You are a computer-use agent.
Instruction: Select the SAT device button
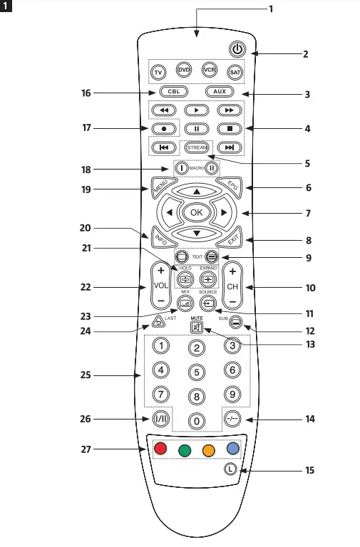[x=235, y=73]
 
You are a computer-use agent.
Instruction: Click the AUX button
[x=220, y=92]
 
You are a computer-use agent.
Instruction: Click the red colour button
[x=160, y=449]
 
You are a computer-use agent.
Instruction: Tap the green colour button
[x=185, y=452]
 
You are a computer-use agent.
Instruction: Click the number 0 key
[x=196, y=420]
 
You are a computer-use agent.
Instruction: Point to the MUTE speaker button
[x=197, y=328]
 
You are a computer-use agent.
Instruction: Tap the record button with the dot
[x=163, y=129]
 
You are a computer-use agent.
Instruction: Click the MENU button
[x=159, y=189]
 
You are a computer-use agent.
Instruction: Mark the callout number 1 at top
[x=270, y=9]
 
